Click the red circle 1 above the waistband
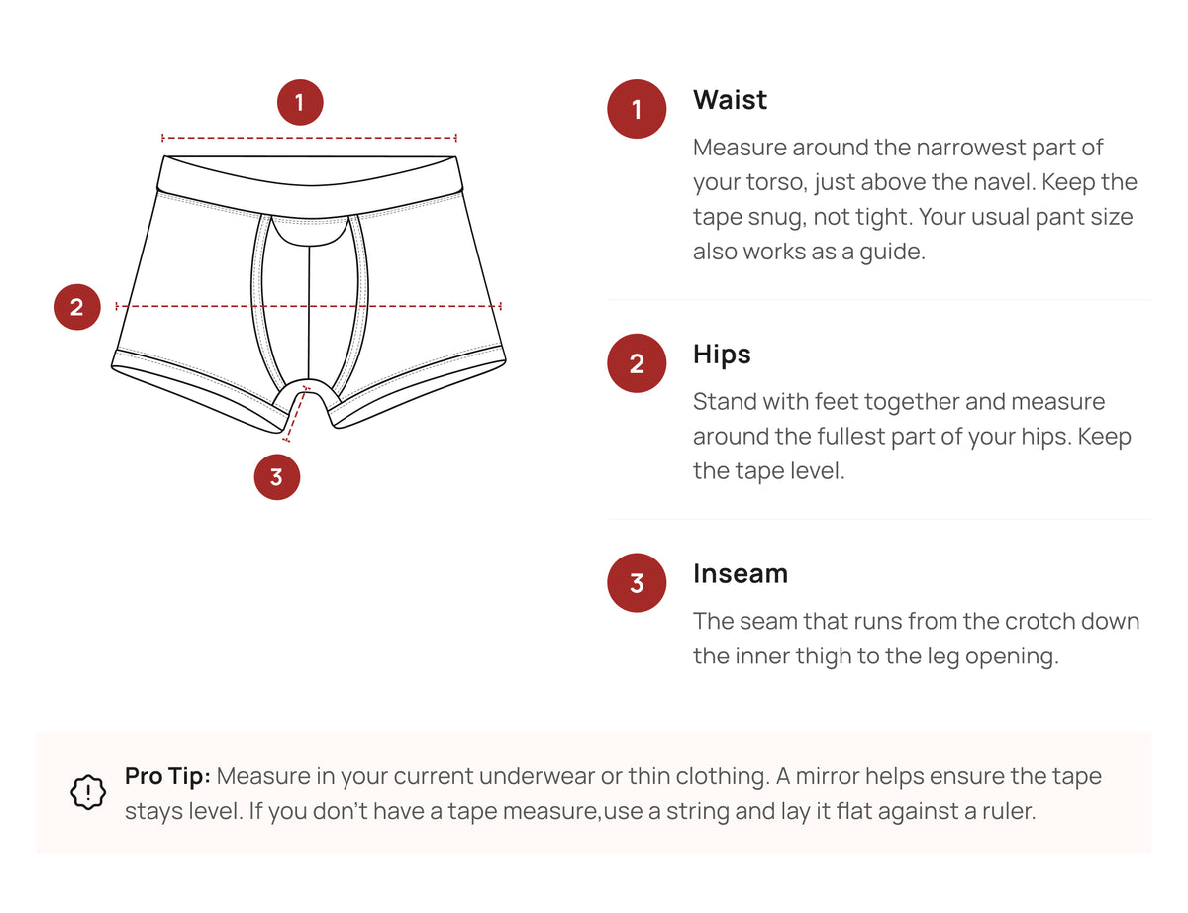tap(300, 102)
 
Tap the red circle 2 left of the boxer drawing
tap(77, 307)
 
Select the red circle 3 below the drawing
tap(276, 477)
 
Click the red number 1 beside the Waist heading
tap(637, 109)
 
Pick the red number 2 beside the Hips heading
tap(637, 363)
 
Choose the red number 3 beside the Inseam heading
tap(637, 583)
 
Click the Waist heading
tap(730, 100)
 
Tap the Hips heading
tap(722, 355)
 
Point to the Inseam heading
tap(741, 574)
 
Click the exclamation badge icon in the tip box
tap(89, 792)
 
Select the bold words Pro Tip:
tap(167, 776)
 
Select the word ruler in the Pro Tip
tap(1005, 812)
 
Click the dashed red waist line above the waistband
tap(309, 138)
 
